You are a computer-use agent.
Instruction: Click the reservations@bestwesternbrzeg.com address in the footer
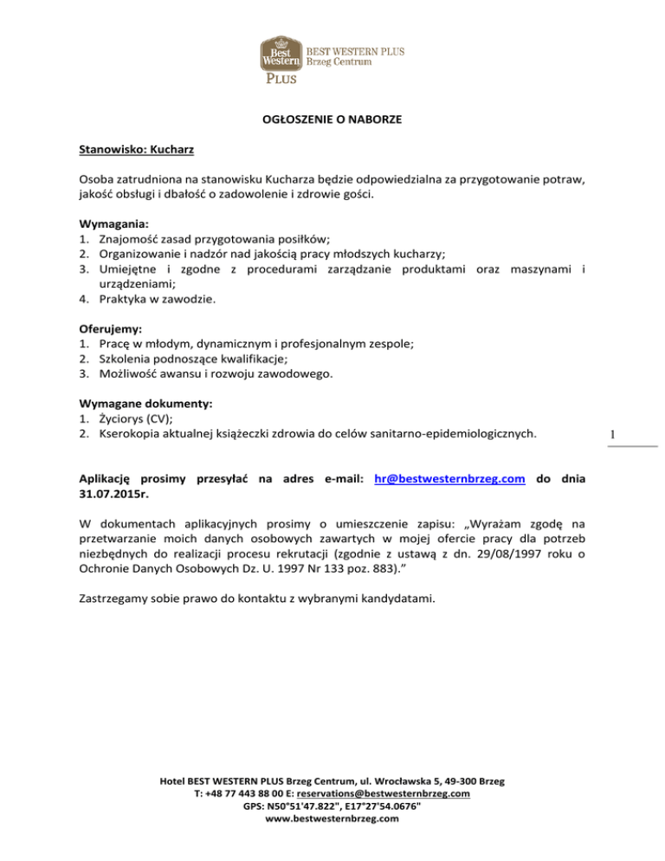click(x=391, y=793)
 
